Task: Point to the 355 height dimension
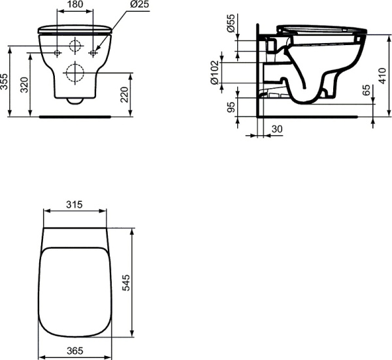click(x=5, y=81)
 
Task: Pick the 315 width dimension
click(x=74, y=205)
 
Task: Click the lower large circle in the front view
click(x=75, y=73)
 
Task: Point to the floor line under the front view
click(x=75, y=116)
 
